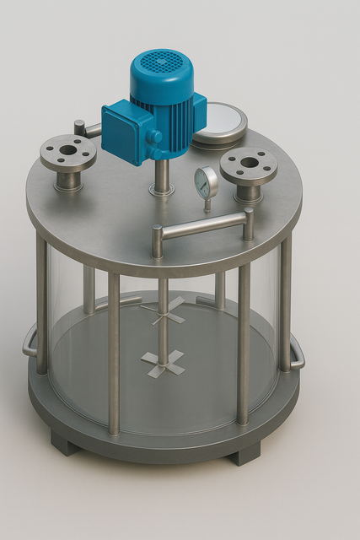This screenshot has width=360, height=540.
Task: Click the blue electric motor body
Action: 173,114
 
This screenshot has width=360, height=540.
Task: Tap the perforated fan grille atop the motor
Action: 161,62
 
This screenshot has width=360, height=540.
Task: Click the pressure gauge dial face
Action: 205,180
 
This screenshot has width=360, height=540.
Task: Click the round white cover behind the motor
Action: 222,121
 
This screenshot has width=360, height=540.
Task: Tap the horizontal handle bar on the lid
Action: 203,226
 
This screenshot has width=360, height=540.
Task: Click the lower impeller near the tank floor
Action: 164,361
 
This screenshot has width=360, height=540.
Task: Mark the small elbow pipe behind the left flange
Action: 84,129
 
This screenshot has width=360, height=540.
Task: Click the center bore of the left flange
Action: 68,150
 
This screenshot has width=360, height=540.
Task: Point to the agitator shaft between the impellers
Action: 163,337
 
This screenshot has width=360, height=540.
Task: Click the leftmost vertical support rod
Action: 41,304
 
